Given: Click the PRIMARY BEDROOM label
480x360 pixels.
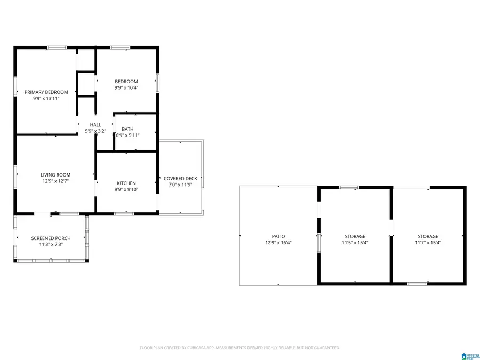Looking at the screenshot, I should (x=46, y=92).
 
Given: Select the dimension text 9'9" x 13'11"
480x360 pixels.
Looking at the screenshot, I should (x=46, y=99).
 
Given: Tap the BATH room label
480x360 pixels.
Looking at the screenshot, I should (x=127, y=129).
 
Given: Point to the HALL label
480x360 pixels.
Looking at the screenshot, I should (x=95, y=125).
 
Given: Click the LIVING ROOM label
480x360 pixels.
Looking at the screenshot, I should (x=55, y=175).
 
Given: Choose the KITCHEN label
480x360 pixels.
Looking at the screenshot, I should (x=126, y=183).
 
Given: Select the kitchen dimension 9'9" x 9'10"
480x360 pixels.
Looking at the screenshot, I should (x=126, y=189).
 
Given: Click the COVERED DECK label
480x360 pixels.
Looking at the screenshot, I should (x=180, y=179).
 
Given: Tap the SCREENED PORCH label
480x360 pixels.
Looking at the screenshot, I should (x=51, y=238).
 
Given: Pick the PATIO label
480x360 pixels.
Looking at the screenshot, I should (x=278, y=236).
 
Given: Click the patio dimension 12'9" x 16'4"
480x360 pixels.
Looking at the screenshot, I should (x=278, y=243).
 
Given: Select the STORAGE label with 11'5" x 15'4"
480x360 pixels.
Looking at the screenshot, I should (x=355, y=236).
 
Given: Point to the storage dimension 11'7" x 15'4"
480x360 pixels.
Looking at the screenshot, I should (x=428, y=243).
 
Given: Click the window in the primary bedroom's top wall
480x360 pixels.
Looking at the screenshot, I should (x=57, y=48).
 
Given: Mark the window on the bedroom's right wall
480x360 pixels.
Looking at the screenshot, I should (x=157, y=83).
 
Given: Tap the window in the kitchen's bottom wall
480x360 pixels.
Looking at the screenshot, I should (x=124, y=214).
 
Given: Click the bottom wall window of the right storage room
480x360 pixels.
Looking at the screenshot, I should (x=417, y=284).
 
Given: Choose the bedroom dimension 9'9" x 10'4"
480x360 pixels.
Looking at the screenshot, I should (x=126, y=88).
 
